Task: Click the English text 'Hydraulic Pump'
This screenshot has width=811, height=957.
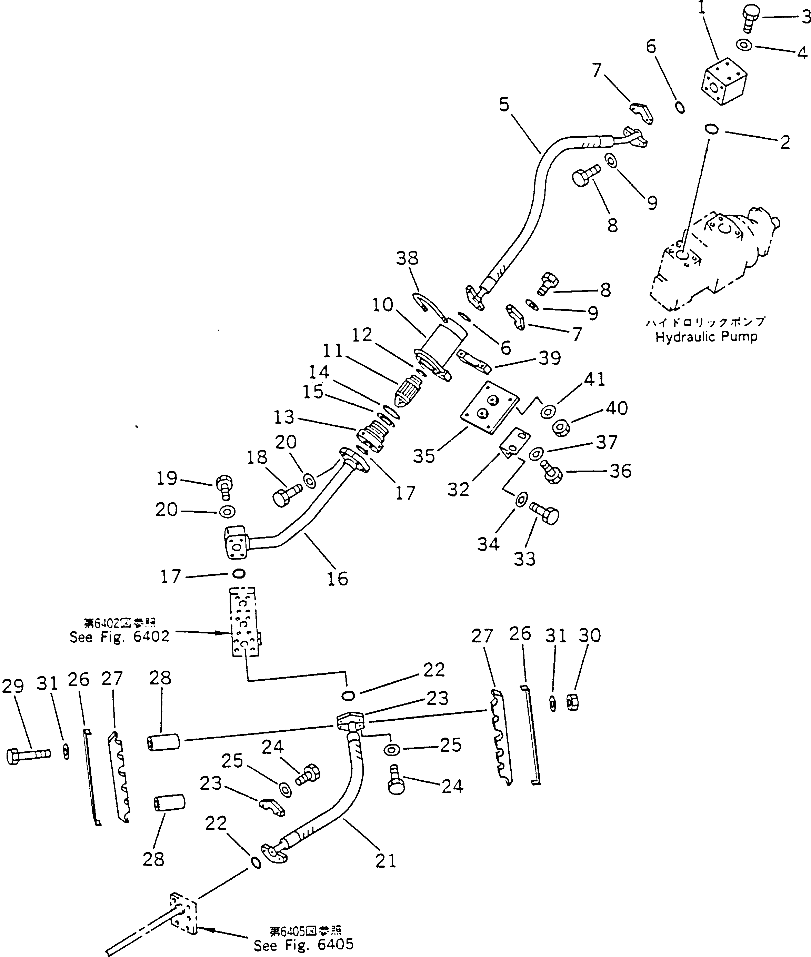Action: (706, 337)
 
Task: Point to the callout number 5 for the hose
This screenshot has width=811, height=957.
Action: (504, 105)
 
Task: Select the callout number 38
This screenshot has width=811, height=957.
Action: (407, 258)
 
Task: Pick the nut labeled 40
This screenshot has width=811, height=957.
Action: (561, 428)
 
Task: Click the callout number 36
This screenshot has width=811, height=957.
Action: (620, 471)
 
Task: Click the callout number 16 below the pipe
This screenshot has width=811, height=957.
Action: (338, 578)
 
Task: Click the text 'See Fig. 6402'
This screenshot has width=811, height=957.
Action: (120, 637)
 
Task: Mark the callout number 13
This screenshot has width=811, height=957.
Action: (284, 417)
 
